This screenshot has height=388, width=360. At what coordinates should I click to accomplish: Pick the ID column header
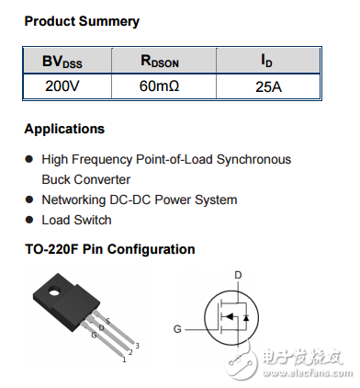coord(267,62)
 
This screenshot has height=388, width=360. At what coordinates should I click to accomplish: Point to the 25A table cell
coord(267,87)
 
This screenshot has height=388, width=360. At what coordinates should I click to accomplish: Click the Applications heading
coord(64,129)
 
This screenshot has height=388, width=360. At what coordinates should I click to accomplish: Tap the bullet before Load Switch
coord(29,221)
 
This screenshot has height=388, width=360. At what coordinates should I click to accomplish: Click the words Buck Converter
coord(85,179)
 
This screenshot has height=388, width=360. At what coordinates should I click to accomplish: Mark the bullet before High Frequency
coord(29,160)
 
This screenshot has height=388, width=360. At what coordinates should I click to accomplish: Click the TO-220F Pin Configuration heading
coord(109,249)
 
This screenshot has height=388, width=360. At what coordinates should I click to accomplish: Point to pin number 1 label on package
coord(122,359)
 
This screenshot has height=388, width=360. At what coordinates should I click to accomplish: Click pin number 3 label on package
coord(136,344)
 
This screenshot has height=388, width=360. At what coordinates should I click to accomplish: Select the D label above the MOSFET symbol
coord(238,275)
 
